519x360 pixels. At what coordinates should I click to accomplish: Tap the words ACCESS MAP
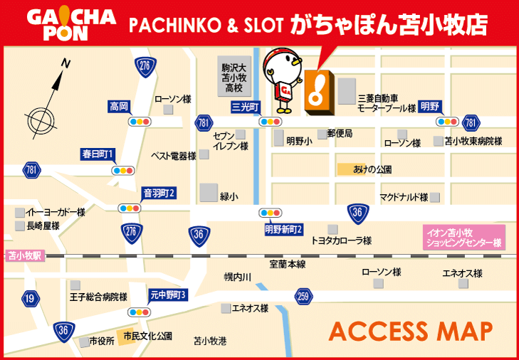(x=411, y=330)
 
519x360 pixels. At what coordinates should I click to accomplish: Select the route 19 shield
(x=29, y=298)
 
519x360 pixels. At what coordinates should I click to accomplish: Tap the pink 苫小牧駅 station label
(x=26, y=254)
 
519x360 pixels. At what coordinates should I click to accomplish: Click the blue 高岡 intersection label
(x=119, y=107)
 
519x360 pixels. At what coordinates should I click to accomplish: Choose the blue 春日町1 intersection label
(x=98, y=154)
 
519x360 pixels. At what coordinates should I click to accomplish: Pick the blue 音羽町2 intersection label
(x=159, y=193)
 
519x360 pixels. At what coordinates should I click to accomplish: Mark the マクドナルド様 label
(x=403, y=196)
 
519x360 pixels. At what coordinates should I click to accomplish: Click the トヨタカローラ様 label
(x=341, y=240)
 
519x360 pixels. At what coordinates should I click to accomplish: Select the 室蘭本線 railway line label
(x=287, y=264)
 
